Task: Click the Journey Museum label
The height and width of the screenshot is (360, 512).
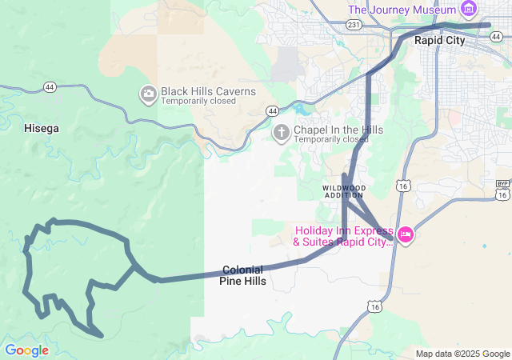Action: tap(402, 10)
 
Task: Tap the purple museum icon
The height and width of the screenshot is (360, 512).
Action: tap(470, 10)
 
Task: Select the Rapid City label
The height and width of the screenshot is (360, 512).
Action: tap(439, 39)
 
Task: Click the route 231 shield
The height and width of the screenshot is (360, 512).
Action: tap(352, 26)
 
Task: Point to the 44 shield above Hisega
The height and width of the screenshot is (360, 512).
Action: tap(50, 86)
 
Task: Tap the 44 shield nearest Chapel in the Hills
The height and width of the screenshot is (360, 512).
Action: tap(273, 110)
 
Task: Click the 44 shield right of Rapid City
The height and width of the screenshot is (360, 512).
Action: tap(496, 37)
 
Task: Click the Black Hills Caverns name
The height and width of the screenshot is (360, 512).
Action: tap(208, 91)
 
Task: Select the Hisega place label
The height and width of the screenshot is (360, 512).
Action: tap(42, 128)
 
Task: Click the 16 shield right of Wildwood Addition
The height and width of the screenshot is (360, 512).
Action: tap(402, 186)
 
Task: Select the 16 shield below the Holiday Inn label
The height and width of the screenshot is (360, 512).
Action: tap(374, 306)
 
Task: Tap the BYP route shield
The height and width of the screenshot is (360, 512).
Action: tap(502, 183)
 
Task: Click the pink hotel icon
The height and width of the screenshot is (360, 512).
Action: tap(405, 234)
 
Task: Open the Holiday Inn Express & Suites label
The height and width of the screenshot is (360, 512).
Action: tap(342, 237)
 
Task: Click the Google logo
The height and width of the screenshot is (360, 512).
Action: tap(26, 350)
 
